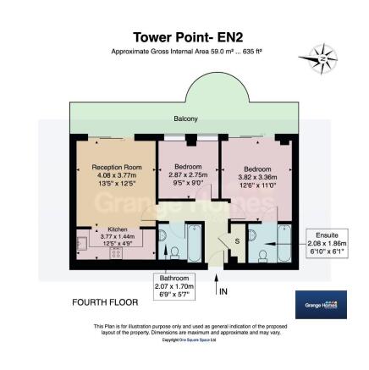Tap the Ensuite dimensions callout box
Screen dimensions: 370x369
328,242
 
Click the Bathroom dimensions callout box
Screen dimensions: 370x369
175,286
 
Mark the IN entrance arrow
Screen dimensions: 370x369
217,284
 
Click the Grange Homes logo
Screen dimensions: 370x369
321,305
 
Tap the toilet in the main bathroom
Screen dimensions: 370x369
173,251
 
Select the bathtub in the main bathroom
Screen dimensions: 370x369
194,242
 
